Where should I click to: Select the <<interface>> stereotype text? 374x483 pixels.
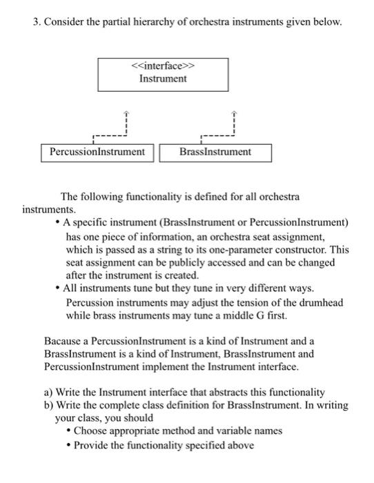coord(163,67)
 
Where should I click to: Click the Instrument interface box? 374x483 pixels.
coord(163,74)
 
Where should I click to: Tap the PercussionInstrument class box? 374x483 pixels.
coord(97,152)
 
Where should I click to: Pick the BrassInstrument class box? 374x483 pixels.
coord(215,152)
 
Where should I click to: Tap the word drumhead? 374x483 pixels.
coord(324,303)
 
